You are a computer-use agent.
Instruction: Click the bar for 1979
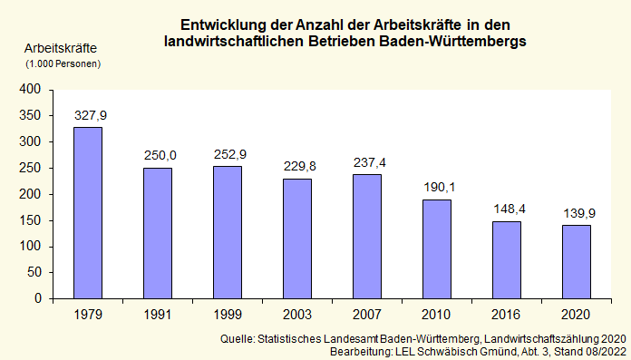click(x=88, y=212)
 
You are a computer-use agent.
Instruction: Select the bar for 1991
click(x=158, y=233)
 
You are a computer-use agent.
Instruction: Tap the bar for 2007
click(x=367, y=236)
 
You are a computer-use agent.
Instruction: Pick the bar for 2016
click(x=507, y=259)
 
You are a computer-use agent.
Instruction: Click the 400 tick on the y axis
click(x=31, y=89)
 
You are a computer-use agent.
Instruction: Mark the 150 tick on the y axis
click(x=31, y=220)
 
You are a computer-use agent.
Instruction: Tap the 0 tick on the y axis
click(x=38, y=298)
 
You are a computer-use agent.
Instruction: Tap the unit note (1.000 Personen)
click(x=62, y=63)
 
